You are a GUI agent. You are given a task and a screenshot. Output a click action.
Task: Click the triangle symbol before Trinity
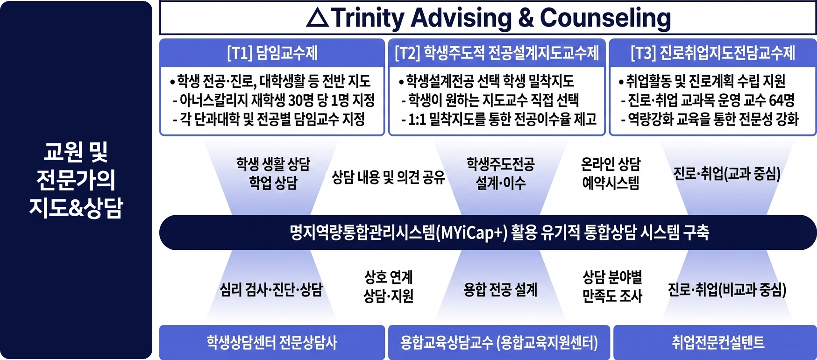(x=318, y=18)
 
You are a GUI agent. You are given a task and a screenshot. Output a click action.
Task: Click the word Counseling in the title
(x=605, y=19)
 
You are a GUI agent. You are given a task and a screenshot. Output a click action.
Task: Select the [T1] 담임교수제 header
(x=272, y=53)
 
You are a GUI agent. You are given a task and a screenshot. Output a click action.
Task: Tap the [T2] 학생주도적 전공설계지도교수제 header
(x=497, y=53)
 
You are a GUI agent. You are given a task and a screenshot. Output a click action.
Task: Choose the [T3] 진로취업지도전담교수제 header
(x=713, y=53)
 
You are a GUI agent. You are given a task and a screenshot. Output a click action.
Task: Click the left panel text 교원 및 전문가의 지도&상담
(x=76, y=180)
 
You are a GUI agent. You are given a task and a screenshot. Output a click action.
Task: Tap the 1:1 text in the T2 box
(x=417, y=120)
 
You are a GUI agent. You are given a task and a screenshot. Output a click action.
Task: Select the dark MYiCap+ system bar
(x=488, y=233)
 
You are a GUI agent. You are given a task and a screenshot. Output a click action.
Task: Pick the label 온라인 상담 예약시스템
(x=611, y=173)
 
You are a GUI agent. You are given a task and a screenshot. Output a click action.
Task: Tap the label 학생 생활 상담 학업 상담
(x=273, y=173)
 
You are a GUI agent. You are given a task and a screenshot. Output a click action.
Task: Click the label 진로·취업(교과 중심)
(x=727, y=174)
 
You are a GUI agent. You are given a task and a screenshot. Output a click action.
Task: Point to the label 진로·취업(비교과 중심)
(x=727, y=289)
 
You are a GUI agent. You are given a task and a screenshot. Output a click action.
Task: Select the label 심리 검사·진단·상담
(x=271, y=289)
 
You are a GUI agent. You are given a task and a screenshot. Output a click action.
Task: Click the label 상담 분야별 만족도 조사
(x=612, y=286)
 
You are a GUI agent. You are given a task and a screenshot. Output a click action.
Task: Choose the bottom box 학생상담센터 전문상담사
(x=272, y=342)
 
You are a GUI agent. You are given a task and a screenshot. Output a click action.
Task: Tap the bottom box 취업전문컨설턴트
(x=715, y=342)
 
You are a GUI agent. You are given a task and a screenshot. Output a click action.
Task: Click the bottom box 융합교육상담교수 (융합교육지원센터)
(x=499, y=342)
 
